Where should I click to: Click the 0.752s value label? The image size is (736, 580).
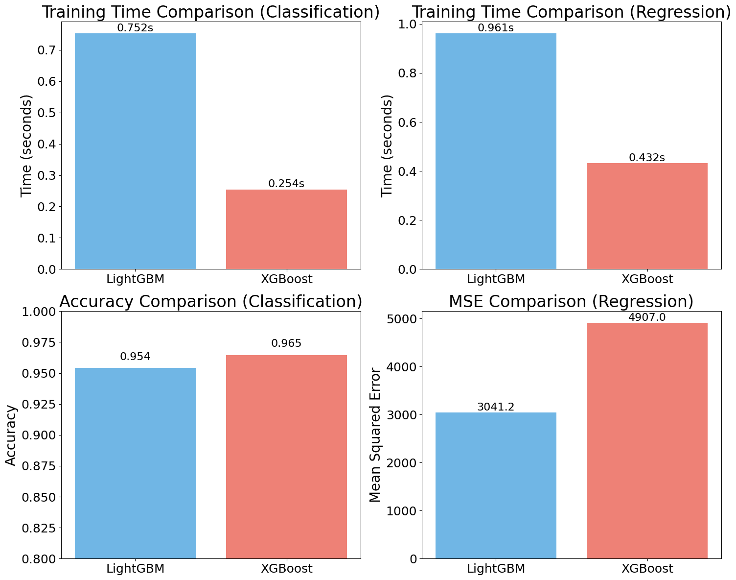[x=135, y=28]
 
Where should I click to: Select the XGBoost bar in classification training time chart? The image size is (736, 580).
[x=286, y=229]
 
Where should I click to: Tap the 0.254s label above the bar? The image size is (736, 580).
[x=286, y=184]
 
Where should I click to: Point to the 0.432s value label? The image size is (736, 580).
[x=647, y=157]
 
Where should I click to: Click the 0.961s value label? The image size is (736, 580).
[x=496, y=28]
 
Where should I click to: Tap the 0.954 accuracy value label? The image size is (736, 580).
[x=135, y=357]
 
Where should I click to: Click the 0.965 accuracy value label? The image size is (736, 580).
[x=286, y=343]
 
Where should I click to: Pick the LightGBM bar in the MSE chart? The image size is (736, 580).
[x=496, y=485]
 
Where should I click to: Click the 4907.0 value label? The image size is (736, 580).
[x=647, y=317]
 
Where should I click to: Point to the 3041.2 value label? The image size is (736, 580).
[x=496, y=407]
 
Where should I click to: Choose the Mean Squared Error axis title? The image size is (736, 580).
[x=375, y=435]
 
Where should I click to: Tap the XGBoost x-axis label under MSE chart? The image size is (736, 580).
[x=647, y=569]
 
